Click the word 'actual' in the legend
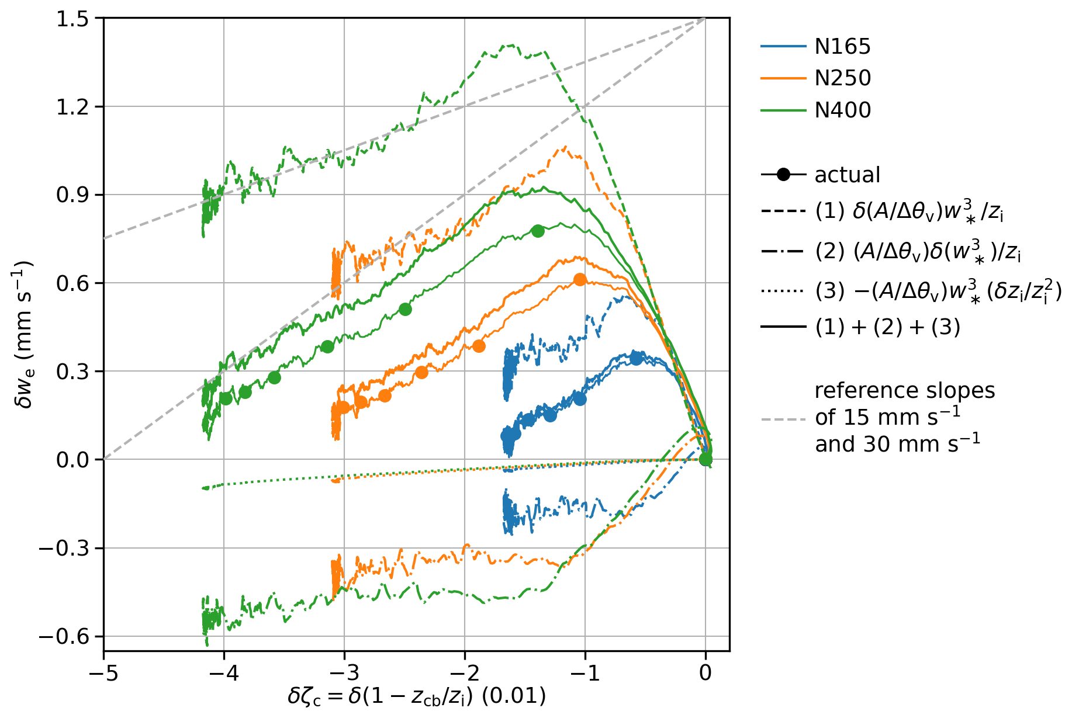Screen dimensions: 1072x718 (x=847, y=175)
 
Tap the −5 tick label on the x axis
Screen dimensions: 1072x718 (x=103, y=673)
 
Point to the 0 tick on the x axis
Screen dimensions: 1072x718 (x=706, y=673)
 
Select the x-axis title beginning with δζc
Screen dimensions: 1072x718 (x=417, y=697)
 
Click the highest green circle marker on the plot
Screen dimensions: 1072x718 (x=538, y=231)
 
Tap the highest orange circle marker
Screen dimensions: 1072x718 (x=579, y=280)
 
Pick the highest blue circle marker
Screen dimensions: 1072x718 (x=636, y=359)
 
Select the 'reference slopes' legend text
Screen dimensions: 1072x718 (x=905, y=390)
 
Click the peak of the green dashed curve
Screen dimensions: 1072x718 (x=511, y=45)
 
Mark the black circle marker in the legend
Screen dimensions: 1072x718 (x=784, y=174)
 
